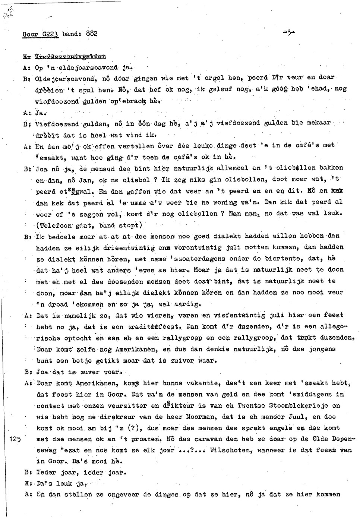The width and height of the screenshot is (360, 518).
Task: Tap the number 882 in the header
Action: [x=92, y=33]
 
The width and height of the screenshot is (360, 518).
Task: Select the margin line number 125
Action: [x=15, y=439]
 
